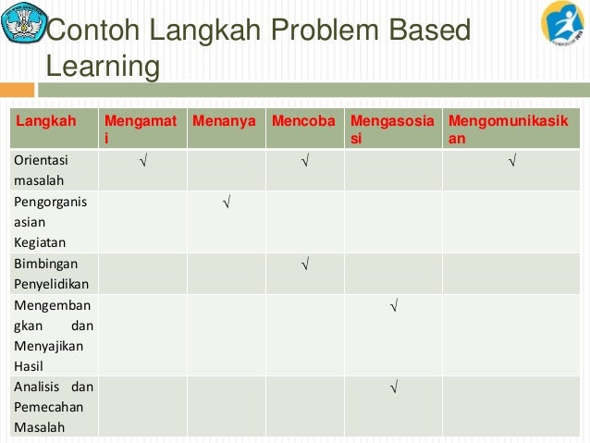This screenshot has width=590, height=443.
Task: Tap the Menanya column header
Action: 223,121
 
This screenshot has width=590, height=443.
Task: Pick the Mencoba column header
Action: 303,121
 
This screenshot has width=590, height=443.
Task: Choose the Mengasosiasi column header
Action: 392,129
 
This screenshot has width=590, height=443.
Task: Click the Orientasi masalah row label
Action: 40,169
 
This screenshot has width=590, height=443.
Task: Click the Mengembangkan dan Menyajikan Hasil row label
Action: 54,335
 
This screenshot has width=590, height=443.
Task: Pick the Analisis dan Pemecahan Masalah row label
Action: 54,406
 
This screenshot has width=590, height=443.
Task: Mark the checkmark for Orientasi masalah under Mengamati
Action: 142,163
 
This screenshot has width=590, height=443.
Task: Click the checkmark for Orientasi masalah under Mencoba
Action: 304,163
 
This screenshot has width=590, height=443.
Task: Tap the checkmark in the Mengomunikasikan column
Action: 511,163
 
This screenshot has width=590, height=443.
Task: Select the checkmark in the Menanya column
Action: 226,203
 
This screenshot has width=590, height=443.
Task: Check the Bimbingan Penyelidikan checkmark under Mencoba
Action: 304,265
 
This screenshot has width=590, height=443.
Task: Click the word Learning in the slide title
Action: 102,68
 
